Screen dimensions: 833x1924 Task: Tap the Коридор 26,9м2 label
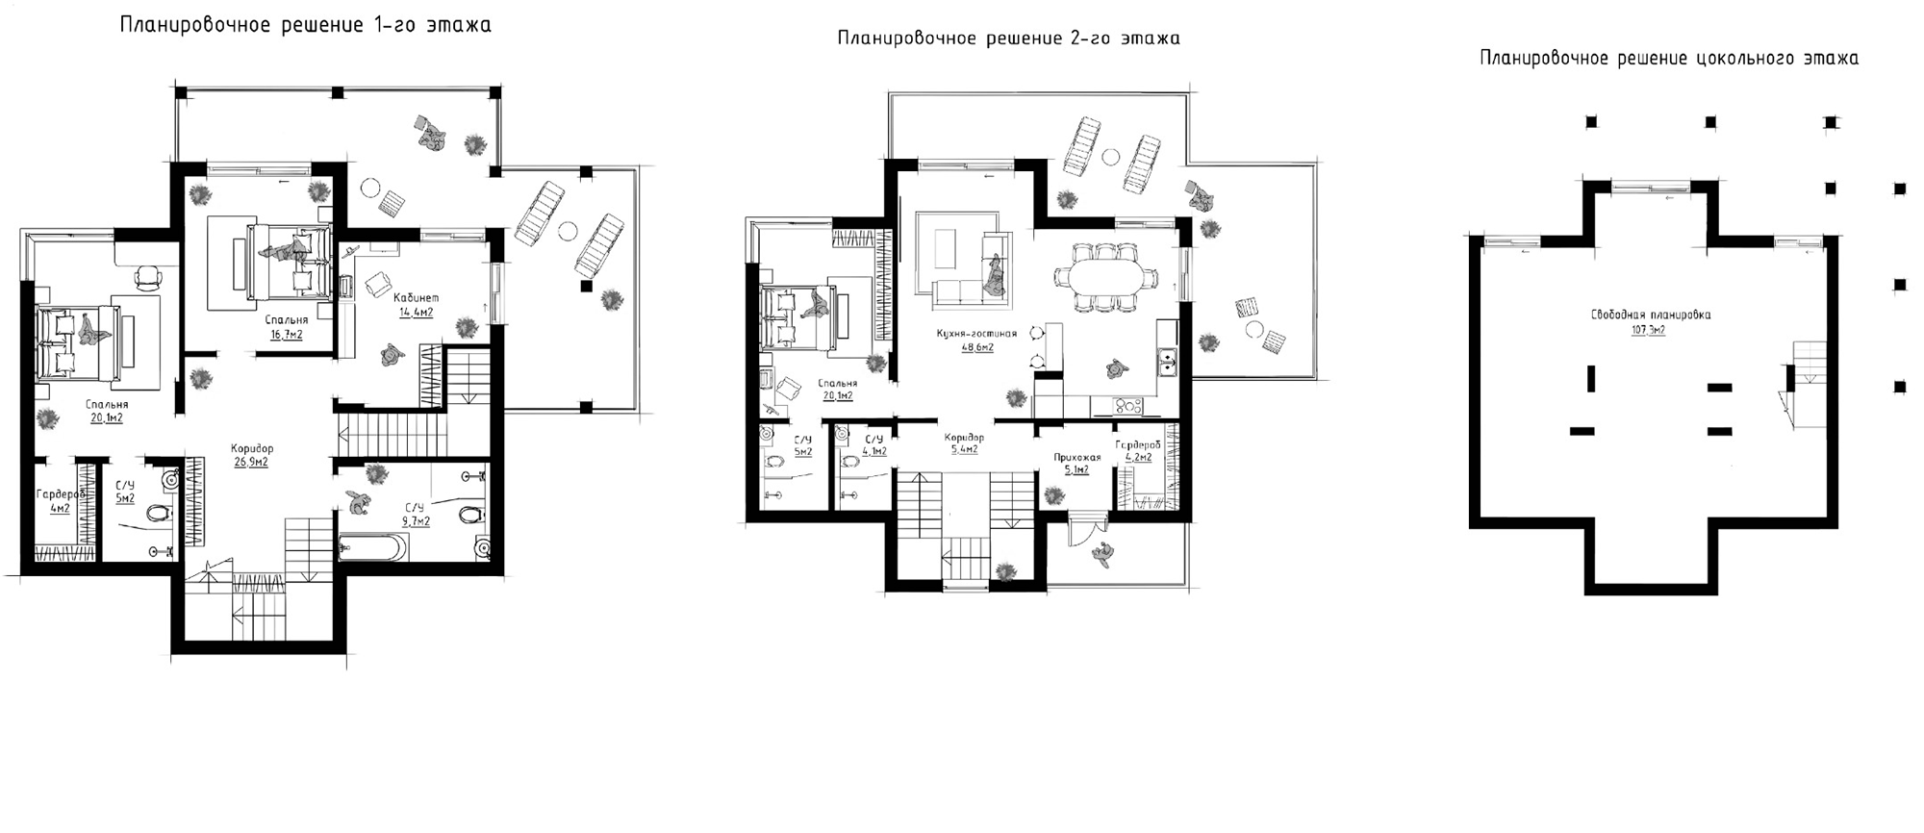coord(251,455)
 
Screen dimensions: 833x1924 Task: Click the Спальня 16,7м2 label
coord(287,327)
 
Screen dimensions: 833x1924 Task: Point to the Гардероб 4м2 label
coord(60,501)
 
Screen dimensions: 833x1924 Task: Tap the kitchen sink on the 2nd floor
coord(1168,362)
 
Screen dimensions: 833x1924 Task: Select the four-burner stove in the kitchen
coord(1126,406)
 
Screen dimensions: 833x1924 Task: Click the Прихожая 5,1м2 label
coord(1076,464)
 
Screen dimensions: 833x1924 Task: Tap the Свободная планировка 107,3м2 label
coord(1650,321)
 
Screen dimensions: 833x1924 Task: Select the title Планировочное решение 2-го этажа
coord(1008,38)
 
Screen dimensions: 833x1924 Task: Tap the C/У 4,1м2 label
coord(873,444)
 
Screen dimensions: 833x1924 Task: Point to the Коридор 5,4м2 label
coord(963,442)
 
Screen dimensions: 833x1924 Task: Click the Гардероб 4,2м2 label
coord(1137,451)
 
